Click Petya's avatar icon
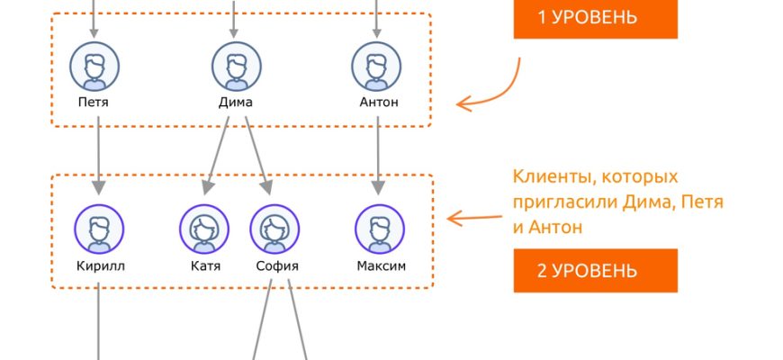(x=94, y=66)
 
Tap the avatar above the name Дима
(x=237, y=66)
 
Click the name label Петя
(x=94, y=103)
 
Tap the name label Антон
(x=378, y=103)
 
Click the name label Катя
(x=205, y=266)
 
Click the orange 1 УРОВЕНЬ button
(x=595, y=17)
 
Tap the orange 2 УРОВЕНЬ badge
(x=595, y=270)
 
